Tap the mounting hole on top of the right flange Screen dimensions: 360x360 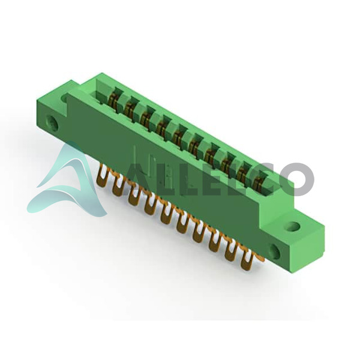293,226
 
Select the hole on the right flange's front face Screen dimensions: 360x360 275,252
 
